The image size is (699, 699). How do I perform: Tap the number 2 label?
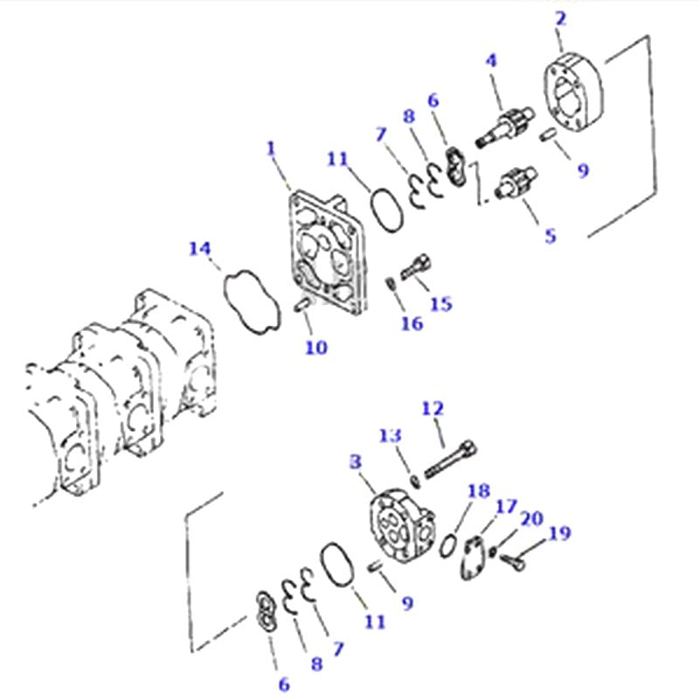(560, 17)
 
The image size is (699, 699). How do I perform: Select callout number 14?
(200, 250)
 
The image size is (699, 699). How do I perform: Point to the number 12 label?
(433, 408)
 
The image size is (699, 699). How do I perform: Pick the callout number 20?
(531, 519)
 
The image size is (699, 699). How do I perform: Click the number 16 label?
(412, 323)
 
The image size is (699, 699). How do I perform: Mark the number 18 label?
(479, 491)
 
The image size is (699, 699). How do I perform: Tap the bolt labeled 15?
(416, 267)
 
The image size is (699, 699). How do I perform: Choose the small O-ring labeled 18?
(446, 543)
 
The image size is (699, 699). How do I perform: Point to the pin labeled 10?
(302, 305)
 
